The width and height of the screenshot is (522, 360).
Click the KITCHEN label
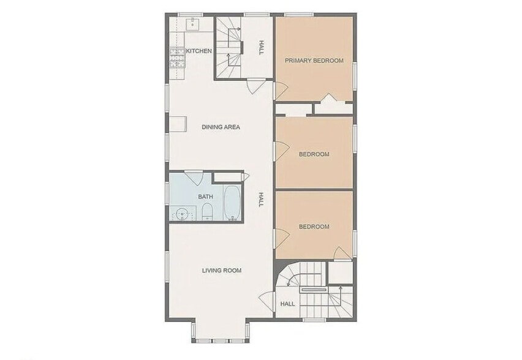(x=199, y=51)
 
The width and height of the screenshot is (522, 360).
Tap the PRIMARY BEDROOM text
(x=314, y=61)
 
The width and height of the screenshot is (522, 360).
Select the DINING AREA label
(x=221, y=127)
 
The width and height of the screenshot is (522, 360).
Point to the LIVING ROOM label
(x=222, y=270)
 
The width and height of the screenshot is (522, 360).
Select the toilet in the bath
(x=207, y=212)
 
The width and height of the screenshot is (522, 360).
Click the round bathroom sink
(x=181, y=214)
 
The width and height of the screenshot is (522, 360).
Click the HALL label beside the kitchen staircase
(x=261, y=48)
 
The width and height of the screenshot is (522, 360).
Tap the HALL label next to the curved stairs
(x=287, y=304)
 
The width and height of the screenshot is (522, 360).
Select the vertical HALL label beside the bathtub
(x=260, y=200)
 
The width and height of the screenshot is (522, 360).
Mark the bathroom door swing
(x=195, y=178)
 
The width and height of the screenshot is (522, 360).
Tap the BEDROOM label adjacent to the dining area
(x=314, y=154)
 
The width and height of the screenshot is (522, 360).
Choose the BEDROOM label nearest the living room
(x=314, y=227)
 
